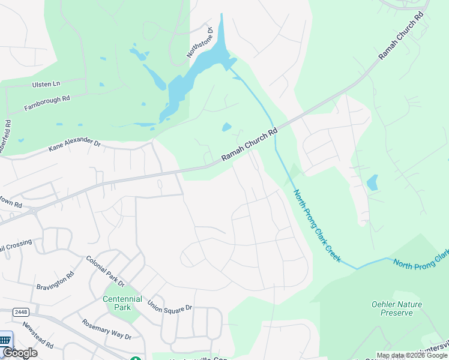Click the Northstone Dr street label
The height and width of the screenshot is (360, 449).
point(200,41)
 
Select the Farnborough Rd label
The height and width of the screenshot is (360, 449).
point(47,103)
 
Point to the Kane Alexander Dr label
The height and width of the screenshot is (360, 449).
point(74,145)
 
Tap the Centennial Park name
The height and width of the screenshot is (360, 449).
point(122,303)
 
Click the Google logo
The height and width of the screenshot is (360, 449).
point(19,353)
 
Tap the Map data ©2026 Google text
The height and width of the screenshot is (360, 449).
point(411,355)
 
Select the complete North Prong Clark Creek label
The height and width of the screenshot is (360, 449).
point(317,226)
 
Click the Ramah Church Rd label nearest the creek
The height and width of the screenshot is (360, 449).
point(250,144)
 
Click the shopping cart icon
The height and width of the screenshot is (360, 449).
point(5,340)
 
